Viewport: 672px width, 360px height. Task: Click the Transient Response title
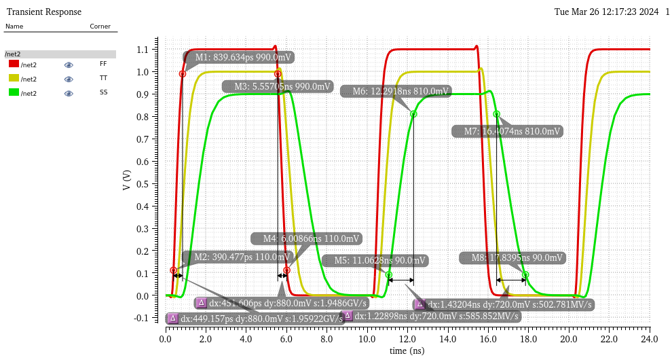click(x=43, y=12)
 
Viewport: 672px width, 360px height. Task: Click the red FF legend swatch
click(x=14, y=64)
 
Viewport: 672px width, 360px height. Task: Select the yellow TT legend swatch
click(x=14, y=79)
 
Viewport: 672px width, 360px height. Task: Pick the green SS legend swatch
click(x=14, y=93)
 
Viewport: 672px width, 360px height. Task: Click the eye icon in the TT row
click(x=69, y=79)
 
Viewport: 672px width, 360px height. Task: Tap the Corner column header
click(x=100, y=26)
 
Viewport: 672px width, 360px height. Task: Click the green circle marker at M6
click(x=413, y=114)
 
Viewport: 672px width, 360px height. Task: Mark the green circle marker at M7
click(x=496, y=114)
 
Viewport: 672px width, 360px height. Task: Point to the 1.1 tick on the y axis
click(x=142, y=50)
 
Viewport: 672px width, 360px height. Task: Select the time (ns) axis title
click(x=407, y=350)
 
